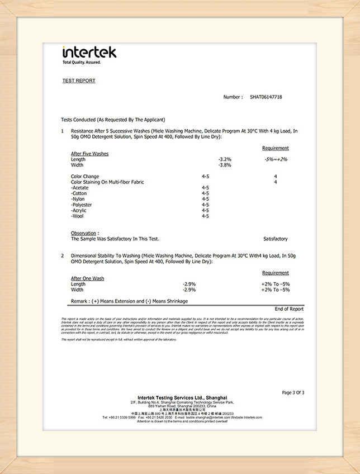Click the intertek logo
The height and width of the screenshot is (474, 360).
[x=89, y=52]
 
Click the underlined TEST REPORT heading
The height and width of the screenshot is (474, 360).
[x=79, y=80]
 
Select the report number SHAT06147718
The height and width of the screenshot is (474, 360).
[x=266, y=97]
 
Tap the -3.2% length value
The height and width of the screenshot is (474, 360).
[x=225, y=159]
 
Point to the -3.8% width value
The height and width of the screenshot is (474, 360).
[x=225, y=165]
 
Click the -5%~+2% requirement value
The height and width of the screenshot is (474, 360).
[x=276, y=159]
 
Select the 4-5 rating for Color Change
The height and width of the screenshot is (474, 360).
[x=205, y=177]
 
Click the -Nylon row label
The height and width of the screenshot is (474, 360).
[x=78, y=199]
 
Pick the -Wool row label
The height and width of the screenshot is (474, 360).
[x=78, y=216]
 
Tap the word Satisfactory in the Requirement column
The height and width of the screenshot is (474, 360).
[x=275, y=239]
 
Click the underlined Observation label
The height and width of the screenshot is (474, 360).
[x=85, y=233]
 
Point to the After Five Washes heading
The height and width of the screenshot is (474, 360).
[x=89, y=154]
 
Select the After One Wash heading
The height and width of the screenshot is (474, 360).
[x=87, y=278]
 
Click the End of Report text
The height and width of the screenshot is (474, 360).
[x=289, y=309]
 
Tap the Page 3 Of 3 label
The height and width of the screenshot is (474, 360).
[x=293, y=392]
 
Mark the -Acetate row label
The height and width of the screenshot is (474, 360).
[x=80, y=188]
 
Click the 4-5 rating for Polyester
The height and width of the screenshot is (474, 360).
[x=205, y=205]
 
